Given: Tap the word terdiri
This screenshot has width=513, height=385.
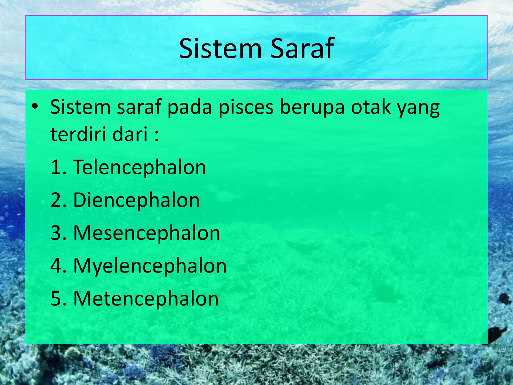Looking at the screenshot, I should pyautogui.click(x=78, y=134).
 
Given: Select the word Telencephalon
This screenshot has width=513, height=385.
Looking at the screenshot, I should pyautogui.click(x=139, y=167).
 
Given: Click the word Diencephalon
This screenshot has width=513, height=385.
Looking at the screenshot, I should pyautogui.click(x=136, y=201).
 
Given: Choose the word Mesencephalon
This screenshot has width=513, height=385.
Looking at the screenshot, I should pyautogui.click(x=147, y=233).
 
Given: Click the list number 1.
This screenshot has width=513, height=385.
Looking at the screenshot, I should pyautogui.click(x=56, y=167).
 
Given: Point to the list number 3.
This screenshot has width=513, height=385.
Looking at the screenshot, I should pyautogui.click(x=56, y=233).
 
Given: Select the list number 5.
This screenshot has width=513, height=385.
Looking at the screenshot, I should pyautogui.click(x=56, y=299).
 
